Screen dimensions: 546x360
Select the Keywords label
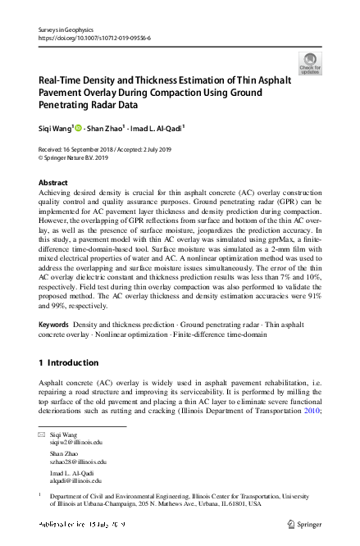55,326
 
